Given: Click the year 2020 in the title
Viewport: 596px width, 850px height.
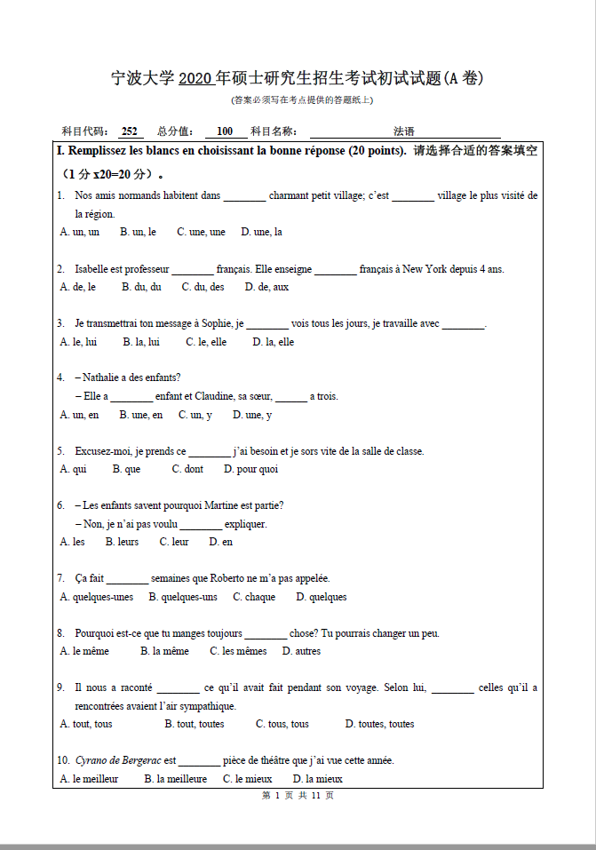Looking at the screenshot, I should point(195,79).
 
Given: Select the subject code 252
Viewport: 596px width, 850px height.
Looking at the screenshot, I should point(130,131).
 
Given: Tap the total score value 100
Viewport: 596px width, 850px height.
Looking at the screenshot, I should point(225,131).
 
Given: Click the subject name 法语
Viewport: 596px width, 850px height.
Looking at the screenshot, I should point(404,131).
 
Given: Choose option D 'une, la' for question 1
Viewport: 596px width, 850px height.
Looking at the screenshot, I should point(261,232).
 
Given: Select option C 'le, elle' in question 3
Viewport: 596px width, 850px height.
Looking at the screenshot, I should point(206,342).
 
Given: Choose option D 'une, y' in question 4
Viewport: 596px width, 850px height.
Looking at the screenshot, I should point(252,415).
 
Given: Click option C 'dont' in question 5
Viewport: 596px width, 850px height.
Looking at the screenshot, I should point(187,469).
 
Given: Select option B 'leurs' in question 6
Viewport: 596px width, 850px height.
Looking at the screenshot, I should point(122,542).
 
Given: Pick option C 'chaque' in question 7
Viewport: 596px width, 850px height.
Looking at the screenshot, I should point(254,597).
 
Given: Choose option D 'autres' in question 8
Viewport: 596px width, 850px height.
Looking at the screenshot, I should point(301,651).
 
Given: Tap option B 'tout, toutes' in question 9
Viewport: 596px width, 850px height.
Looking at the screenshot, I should point(194,724).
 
